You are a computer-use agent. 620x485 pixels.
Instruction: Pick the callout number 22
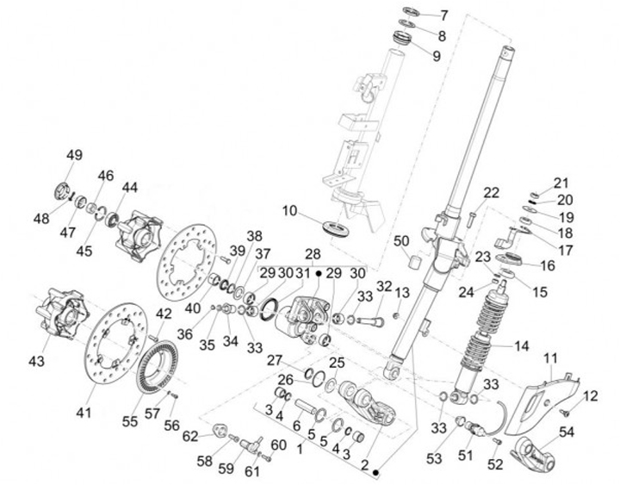(491, 192)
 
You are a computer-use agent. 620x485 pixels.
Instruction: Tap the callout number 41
(83, 413)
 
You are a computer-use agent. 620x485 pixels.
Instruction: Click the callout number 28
(312, 255)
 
